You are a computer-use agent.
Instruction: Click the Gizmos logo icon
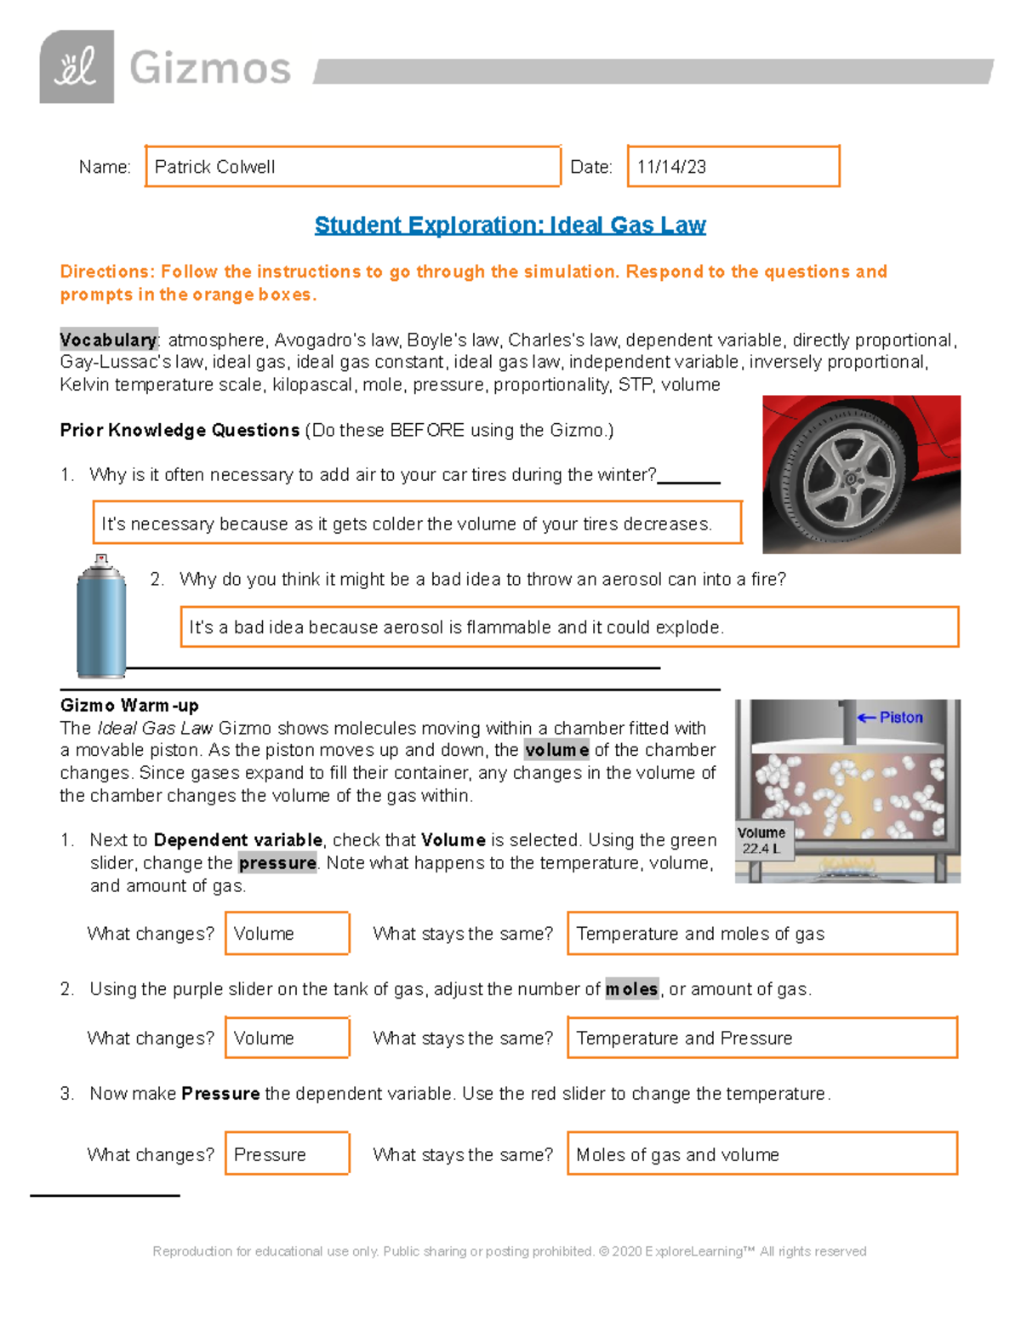77,66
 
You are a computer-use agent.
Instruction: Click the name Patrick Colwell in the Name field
214,167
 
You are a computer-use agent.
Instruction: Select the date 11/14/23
671,167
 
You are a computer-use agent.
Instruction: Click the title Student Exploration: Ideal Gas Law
510,225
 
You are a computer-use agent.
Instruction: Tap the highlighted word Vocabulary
108,340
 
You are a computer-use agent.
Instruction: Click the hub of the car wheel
850,479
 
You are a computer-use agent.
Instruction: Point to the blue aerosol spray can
101,618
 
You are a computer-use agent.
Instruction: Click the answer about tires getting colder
407,524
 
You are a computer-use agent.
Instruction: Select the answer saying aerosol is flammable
456,627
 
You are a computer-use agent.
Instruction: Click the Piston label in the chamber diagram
899,718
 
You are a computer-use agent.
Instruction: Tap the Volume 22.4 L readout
761,840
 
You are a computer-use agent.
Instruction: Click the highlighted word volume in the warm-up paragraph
556,750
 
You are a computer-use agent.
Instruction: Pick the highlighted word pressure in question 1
277,863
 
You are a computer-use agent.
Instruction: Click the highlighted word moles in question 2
631,989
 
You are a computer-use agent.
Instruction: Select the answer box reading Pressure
270,1154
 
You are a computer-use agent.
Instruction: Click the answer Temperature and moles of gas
700,934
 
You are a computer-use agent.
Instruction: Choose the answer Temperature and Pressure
684,1039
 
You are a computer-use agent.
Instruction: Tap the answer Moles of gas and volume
677,1154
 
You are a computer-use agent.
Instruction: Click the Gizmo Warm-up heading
129,706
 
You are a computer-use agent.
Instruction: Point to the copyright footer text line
509,1251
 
